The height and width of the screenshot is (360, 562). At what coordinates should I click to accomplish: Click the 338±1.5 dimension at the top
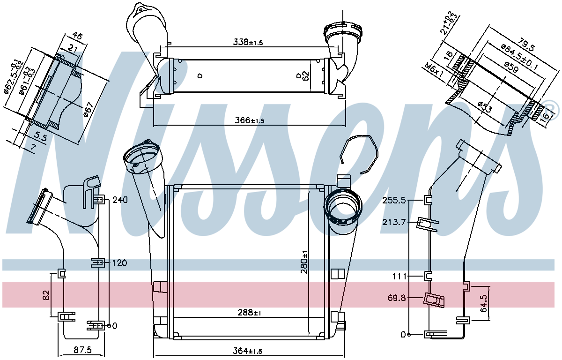click(248, 42)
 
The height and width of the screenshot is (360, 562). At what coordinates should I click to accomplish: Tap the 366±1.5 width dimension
click(249, 120)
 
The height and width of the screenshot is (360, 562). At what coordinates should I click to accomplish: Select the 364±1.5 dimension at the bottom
click(247, 351)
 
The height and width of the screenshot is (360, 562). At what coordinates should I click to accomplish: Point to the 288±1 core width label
click(249, 313)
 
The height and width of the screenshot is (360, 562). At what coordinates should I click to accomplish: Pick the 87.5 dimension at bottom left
click(83, 350)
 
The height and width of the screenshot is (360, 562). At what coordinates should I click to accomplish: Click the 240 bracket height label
click(120, 200)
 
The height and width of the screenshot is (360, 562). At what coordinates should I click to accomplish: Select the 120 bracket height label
click(120, 263)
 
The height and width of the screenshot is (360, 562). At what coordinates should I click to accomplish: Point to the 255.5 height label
click(394, 200)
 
